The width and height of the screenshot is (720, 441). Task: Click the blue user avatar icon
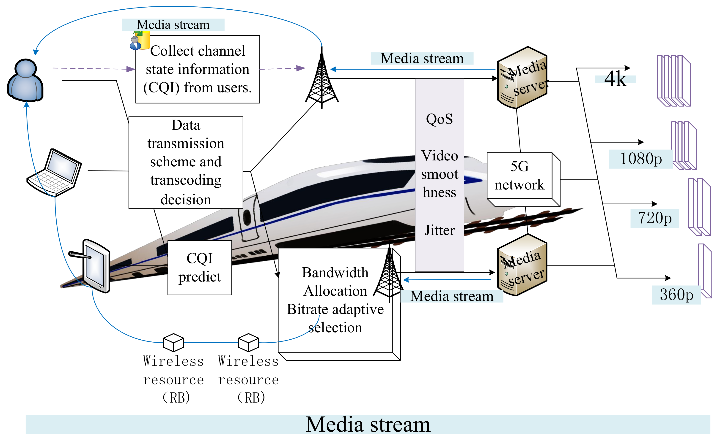(x=25, y=80)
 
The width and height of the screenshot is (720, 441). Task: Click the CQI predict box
(x=200, y=267)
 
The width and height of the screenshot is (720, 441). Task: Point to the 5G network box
(x=519, y=176)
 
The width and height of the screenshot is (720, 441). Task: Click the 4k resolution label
(x=615, y=79)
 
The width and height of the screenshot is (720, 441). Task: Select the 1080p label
(x=640, y=159)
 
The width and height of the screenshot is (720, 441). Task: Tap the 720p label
(x=654, y=218)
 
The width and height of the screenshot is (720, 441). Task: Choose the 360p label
(x=676, y=295)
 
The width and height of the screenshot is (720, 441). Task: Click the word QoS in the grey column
(x=439, y=119)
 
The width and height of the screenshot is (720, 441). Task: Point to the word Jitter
(x=439, y=230)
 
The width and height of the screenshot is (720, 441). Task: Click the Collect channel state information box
(x=198, y=69)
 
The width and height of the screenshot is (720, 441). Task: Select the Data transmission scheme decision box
(x=186, y=162)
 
